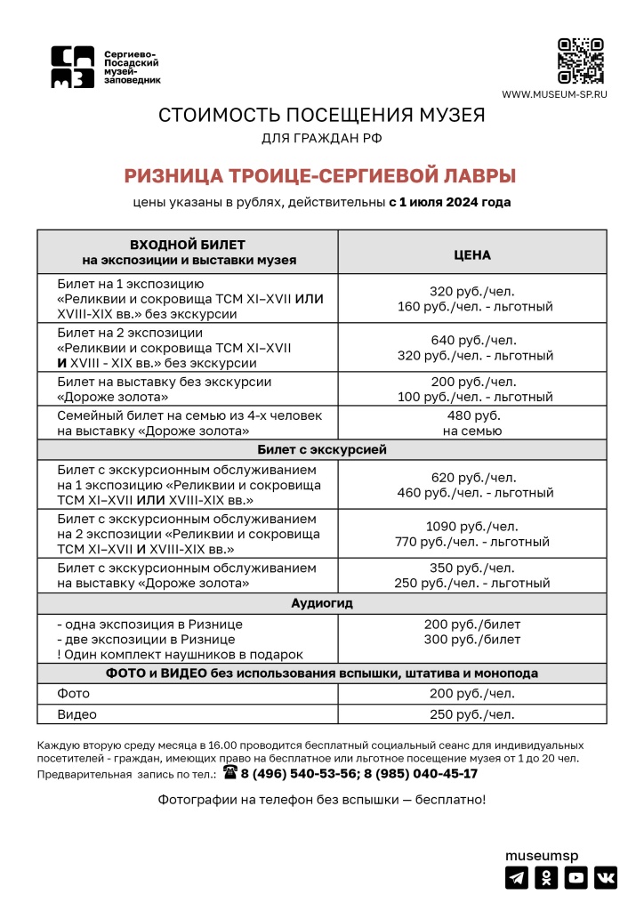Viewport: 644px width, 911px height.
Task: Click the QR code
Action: [x=580, y=61]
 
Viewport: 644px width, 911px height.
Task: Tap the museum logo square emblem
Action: [x=72, y=68]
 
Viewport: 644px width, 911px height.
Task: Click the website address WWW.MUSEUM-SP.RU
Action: [x=554, y=94]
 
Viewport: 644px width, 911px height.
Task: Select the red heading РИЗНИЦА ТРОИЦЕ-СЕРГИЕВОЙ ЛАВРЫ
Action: [x=320, y=175]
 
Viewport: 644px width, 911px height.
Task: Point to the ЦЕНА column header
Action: [x=472, y=254]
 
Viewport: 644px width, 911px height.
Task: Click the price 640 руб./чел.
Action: [x=472, y=340]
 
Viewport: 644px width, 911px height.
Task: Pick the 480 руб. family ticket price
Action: [x=472, y=415]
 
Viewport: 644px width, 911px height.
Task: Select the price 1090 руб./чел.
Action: [x=472, y=526]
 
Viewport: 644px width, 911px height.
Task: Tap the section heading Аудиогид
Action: [x=322, y=602]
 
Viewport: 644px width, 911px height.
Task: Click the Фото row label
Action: [x=73, y=694]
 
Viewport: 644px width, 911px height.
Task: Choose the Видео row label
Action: [x=76, y=714]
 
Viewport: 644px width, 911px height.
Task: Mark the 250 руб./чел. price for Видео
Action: [x=472, y=714]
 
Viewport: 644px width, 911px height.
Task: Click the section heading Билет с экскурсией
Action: [x=322, y=449]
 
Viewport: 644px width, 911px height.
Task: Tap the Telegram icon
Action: [x=517, y=877]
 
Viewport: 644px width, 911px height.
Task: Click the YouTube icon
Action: [x=576, y=877]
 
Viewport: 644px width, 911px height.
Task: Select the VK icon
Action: [x=606, y=877]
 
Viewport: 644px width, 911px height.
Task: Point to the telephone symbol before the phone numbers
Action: [x=230, y=773]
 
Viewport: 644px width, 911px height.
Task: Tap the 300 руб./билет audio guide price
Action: [x=472, y=639]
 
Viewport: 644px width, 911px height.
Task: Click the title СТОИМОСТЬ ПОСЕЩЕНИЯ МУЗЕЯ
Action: [x=321, y=115]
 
